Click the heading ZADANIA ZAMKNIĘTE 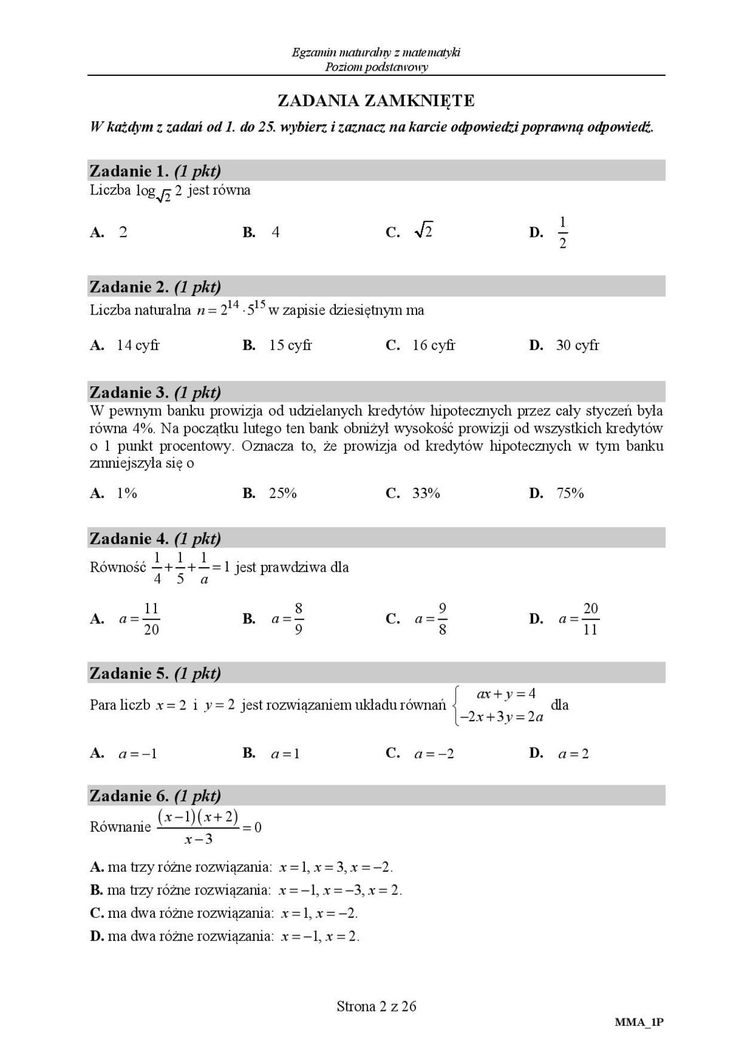coord(376,100)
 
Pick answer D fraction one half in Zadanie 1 coord(562,233)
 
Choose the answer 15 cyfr coord(290,345)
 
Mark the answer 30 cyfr coord(577,345)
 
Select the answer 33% coord(426,493)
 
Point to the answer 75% coord(570,493)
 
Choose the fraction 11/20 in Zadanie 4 coord(151,619)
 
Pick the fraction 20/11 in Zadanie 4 coord(590,619)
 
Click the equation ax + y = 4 coord(506,694)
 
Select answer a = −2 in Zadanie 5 coord(434,754)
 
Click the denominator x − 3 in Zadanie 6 coord(198,839)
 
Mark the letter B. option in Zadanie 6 coord(97,890)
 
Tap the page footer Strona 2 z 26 coord(376,1007)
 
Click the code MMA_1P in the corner coord(639,1022)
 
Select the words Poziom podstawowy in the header coord(376,67)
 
